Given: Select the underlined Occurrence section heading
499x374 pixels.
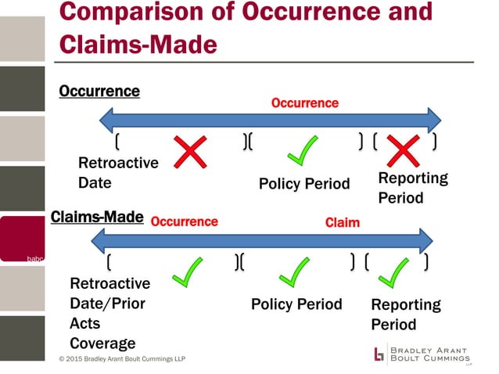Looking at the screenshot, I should pyautogui.click(x=99, y=92).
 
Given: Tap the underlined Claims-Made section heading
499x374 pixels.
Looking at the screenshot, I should pyautogui.click(x=97, y=218).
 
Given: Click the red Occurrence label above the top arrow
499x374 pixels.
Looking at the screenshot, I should pyautogui.click(x=304, y=103).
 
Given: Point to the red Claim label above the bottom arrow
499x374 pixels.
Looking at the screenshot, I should pyautogui.click(x=342, y=222).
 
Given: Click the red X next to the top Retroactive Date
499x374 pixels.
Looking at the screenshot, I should pyautogui.click(x=190, y=150).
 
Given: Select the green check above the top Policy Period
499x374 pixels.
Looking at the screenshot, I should pyautogui.click(x=302, y=150).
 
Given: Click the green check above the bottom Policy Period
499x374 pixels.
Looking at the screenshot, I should pyautogui.click(x=295, y=271).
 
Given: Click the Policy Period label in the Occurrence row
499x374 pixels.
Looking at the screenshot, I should pyautogui.click(x=304, y=185).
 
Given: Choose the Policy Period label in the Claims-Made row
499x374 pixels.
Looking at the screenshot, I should pyautogui.click(x=296, y=304).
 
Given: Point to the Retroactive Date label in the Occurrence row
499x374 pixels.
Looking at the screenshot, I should pyautogui.click(x=118, y=172).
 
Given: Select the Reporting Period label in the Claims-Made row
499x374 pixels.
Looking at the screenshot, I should pyautogui.click(x=405, y=314).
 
